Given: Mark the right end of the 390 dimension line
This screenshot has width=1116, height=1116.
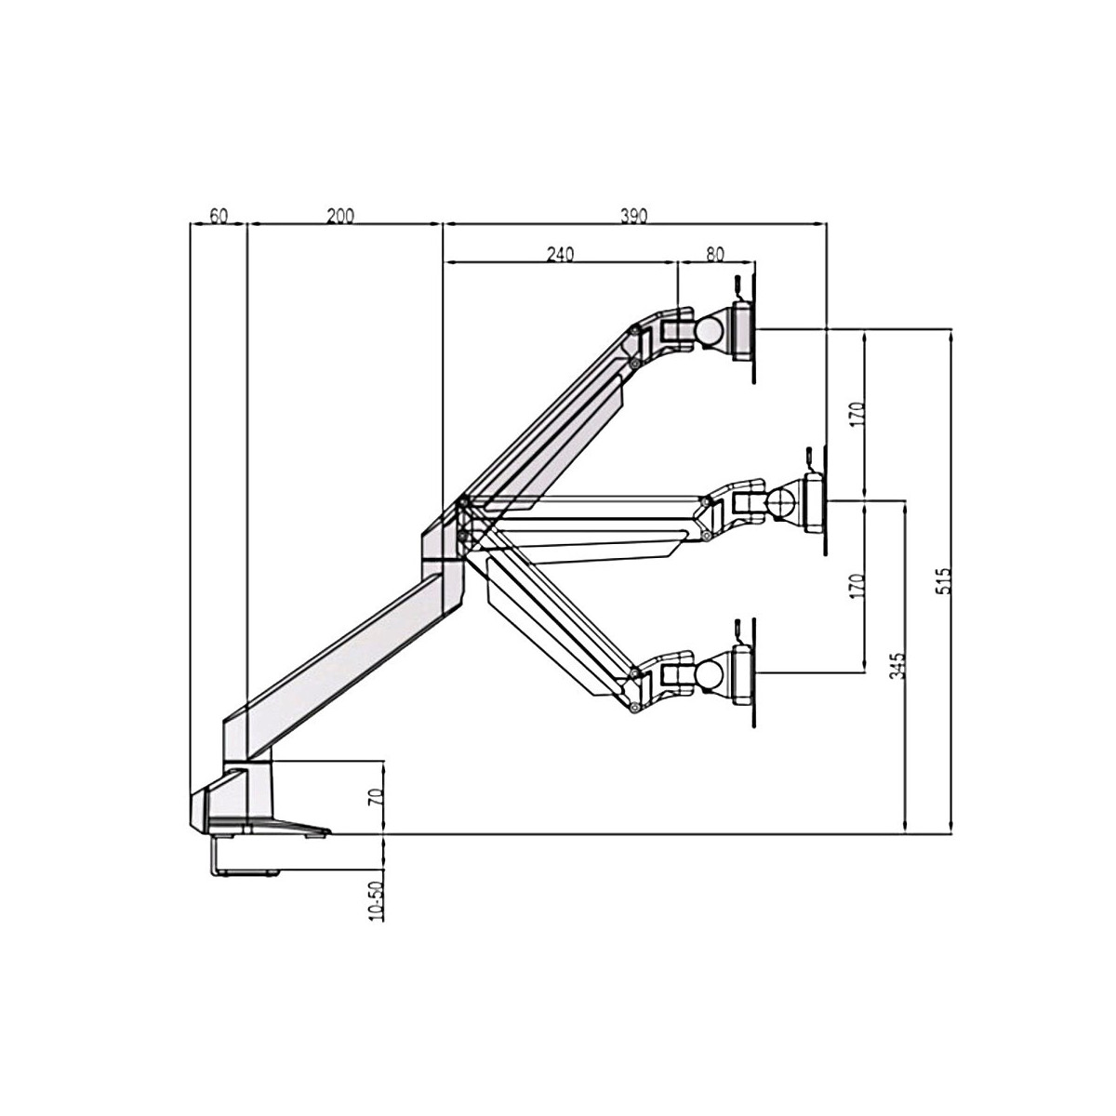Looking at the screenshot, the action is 827,222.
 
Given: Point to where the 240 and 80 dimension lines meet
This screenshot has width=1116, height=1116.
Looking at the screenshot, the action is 677,262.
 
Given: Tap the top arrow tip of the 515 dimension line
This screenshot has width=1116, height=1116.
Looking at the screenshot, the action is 950,329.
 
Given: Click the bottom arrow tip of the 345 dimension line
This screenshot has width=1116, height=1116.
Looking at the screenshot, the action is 903,834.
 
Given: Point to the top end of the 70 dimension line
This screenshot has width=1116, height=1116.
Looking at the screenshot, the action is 383,761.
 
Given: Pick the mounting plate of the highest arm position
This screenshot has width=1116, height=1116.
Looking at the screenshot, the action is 744,331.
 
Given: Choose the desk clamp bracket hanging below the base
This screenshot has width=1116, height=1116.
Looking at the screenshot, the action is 244,856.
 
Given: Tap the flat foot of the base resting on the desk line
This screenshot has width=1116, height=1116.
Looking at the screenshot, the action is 270,827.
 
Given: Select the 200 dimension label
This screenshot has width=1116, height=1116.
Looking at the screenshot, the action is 340,216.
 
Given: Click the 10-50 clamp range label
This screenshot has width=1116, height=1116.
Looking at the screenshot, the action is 376,901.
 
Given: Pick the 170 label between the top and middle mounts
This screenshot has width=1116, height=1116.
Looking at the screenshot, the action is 857,414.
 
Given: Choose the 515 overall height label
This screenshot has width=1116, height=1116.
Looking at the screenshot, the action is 943,581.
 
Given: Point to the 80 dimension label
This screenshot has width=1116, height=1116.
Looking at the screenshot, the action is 715,254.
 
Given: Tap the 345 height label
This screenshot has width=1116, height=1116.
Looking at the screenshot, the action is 897,666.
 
